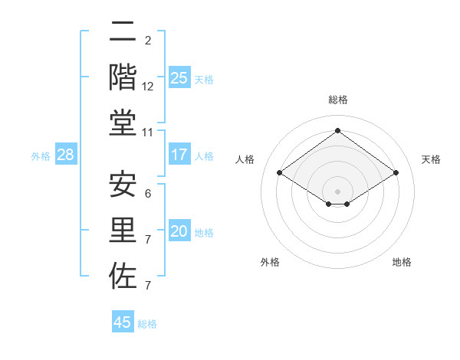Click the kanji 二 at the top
123,33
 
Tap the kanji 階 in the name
123,77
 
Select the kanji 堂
123,123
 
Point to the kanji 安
123,185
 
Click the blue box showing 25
179,77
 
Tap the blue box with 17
179,155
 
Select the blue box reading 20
179,231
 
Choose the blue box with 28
66,155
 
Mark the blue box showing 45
123,322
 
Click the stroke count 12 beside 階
148,87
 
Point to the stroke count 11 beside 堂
149,133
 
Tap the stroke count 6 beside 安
148,194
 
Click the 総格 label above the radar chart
337,100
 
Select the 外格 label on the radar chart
270,262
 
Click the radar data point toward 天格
396,173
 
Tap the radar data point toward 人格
279,173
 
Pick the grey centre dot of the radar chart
337,190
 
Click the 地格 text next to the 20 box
205,233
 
